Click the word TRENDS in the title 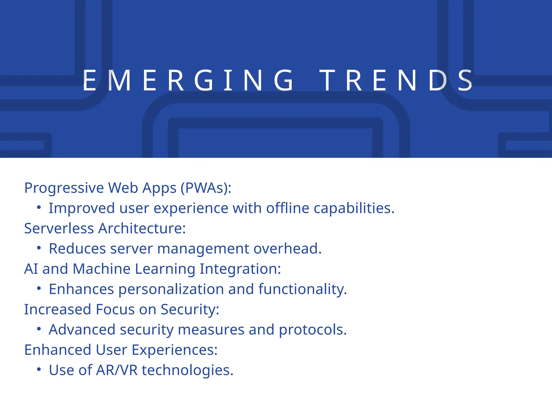point(396,80)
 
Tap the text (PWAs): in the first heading point(206,188)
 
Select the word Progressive point(64,188)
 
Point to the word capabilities point(354,208)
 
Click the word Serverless point(59,228)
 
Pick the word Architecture point(142,228)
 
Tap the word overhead point(288,249)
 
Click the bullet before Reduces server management point(39,248)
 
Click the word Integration point(240,269)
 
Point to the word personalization point(171,289)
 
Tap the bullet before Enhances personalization point(39,288)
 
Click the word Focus point(115,309)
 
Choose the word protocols point(313,330)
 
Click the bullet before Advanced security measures point(39,329)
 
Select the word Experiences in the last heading point(174,350)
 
